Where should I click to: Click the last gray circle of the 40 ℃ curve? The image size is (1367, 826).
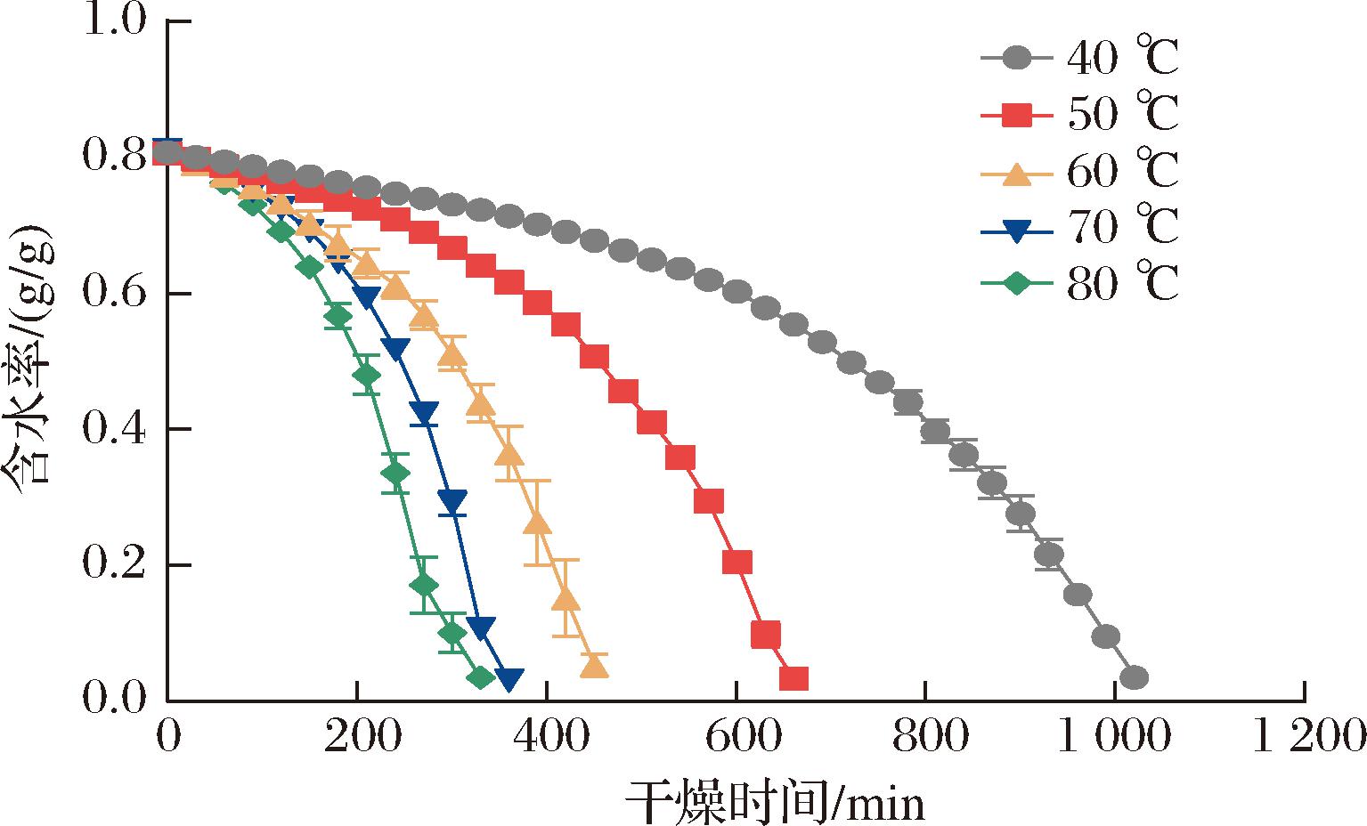1134,678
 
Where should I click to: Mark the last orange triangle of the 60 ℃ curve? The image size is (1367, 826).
594,666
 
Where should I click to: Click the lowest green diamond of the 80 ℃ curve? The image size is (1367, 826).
481,678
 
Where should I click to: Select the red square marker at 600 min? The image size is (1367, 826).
737,563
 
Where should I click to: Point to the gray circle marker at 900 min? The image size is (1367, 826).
1021,514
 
